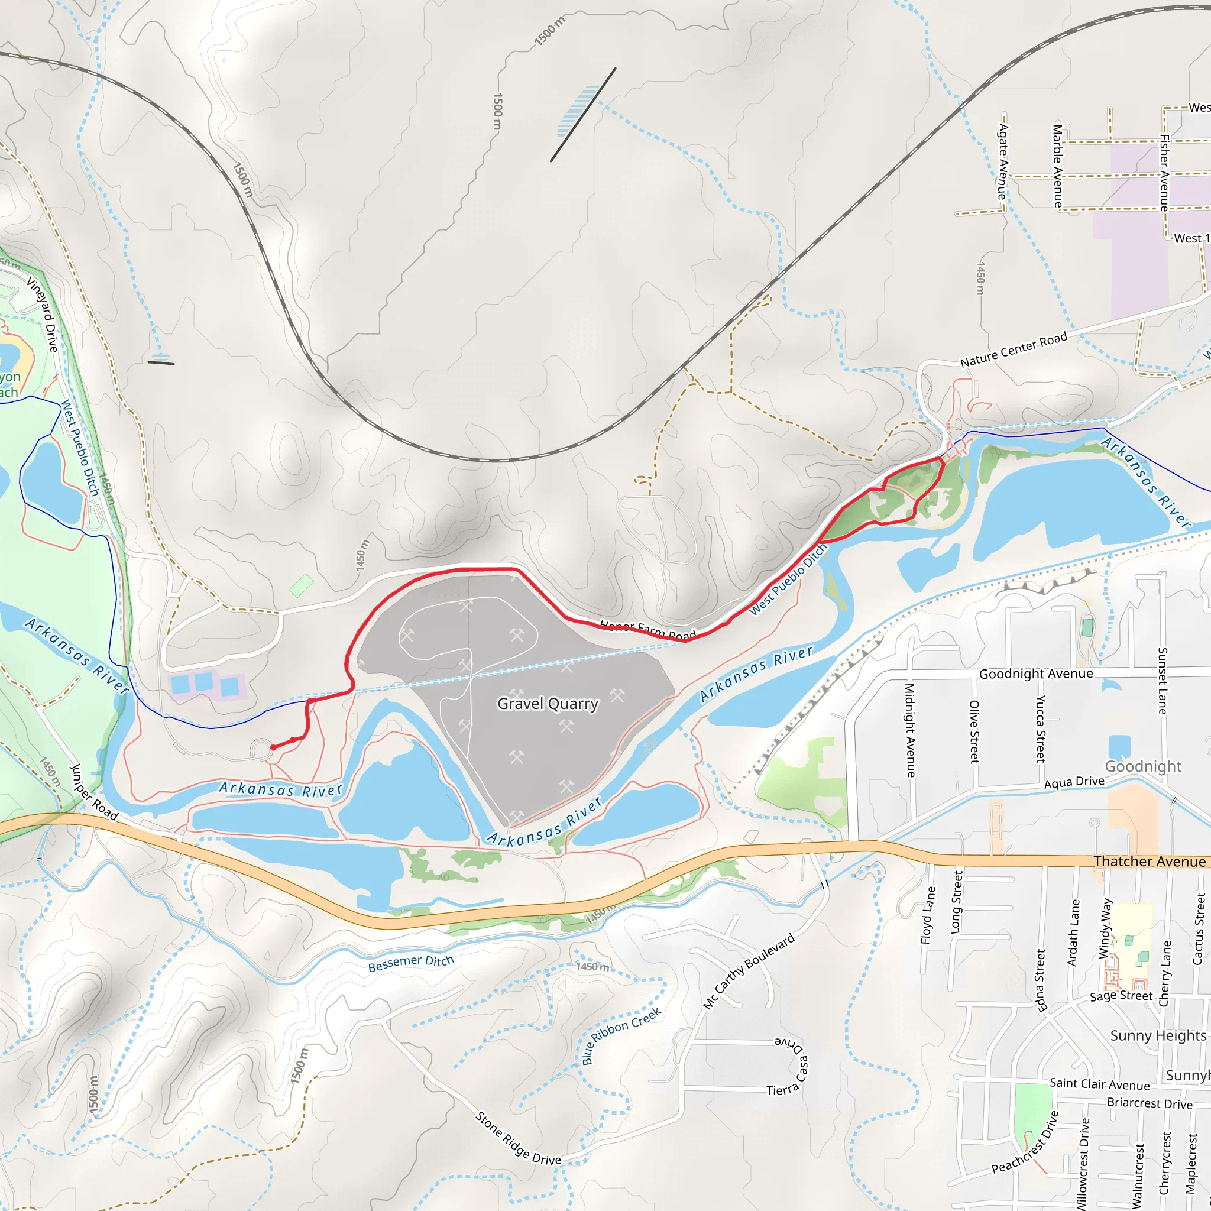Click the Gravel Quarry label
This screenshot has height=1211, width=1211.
(x=548, y=704)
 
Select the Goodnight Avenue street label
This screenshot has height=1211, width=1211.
(x=1035, y=674)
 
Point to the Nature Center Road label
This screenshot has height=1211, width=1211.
(x=1014, y=350)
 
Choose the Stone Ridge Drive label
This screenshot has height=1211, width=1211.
(x=518, y=1138)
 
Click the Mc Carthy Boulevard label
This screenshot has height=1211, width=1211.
(x=749, y=971)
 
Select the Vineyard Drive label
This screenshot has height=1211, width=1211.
(x=43, y=314)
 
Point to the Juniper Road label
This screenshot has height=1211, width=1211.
(x=93, y=792)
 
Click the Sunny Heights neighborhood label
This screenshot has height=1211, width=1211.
(x=1158, y=1035)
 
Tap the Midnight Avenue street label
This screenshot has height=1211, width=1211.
(x=910, y=730)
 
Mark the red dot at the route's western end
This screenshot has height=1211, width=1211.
(x=273, y=747)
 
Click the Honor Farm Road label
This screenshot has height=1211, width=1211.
(x=647, y=630)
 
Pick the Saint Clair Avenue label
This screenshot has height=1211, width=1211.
(x=1099, y=1084)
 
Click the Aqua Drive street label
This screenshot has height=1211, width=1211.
(x=1074, y=782)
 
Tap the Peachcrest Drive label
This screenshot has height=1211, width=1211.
(x=1025, y=1142)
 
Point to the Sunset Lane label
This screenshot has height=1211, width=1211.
(x=1161, y=681)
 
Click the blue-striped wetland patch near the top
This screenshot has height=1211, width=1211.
(x=577, y=112)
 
